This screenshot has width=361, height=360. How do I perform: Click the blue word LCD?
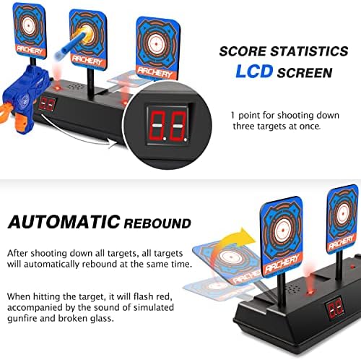pos(254,72)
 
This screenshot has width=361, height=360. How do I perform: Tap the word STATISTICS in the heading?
pos(309,51)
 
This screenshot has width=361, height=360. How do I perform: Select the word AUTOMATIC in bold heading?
pos(64,222)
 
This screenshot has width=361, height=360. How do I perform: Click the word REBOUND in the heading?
pos(157,223)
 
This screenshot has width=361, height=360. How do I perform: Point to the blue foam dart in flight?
pos(70,43)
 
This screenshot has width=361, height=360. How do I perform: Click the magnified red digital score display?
pos(168,126)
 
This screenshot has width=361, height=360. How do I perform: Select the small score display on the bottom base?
pos(335,309)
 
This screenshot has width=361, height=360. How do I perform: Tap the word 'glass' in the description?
pos(101,319)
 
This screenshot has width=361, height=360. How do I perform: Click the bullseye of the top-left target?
pos(29,25)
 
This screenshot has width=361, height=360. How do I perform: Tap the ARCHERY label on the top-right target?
pos(155,73)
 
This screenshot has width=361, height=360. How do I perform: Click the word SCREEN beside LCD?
pos(305,72)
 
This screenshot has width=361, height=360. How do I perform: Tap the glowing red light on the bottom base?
pos(310,292)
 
